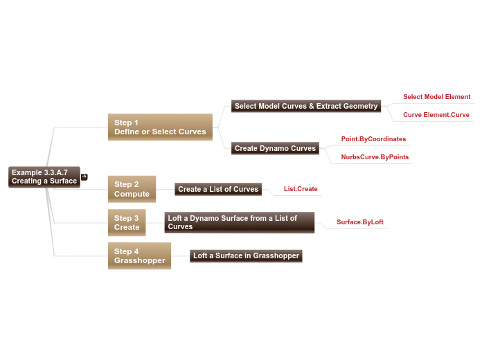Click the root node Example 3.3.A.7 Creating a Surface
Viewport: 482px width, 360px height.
click(44, 177)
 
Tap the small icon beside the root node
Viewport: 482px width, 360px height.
click(84, 177)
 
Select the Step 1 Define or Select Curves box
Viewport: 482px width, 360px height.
click(160, 127)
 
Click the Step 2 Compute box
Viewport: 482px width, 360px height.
click(132, 189)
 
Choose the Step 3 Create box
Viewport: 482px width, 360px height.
click(127, 223)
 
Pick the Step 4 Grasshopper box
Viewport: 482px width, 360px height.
click(139, 256)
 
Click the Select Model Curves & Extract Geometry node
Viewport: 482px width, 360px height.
click(306, 106)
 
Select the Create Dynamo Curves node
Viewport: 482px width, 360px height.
click(275, 148)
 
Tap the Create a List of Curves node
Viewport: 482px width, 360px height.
click(218, 189)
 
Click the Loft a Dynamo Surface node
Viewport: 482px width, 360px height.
click(240, 222)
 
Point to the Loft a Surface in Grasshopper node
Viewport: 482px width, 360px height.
click(246, 256)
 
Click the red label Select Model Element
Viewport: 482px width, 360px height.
click(436, 97)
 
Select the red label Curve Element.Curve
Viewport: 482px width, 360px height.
click(436, 115)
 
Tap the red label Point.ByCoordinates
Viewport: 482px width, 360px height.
click(373, 139)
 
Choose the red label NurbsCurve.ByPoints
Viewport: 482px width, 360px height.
click(375, 157)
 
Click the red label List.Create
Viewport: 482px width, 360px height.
click(301, 189)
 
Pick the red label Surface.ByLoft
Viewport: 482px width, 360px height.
click(360, 222)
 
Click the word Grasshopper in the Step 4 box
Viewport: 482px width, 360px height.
click(140, 261)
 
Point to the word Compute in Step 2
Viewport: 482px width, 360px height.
click(132, 194)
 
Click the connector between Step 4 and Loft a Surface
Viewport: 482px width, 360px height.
click(180, 256)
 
